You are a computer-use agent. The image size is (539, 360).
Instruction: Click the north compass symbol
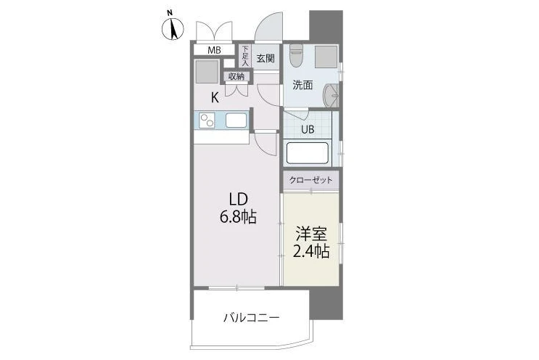pos(172,27)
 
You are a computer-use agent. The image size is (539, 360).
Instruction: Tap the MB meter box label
pos(214,50)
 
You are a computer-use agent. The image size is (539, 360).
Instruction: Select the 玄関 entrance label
pos(266,58)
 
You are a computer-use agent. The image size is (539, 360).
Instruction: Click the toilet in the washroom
pos(295,56)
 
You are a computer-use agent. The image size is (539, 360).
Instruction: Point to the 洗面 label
pos(303,85)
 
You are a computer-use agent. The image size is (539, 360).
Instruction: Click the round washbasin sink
pos(331,96)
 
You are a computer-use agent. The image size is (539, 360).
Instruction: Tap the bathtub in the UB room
pos(308,153)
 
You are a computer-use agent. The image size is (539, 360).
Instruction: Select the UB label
pos(308,130)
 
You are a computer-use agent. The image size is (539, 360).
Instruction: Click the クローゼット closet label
pos(310,180)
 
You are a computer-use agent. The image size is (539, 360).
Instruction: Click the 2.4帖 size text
pos(311,251)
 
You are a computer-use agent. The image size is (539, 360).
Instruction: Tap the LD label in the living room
pos(238,199)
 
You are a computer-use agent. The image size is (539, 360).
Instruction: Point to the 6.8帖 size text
pos(238,216)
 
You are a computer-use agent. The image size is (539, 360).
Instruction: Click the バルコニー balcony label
pos(251,317)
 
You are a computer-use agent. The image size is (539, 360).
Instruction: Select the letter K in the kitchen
pos(215,98)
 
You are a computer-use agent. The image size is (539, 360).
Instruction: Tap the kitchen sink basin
pos(236,120)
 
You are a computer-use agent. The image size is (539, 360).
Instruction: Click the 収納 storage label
pos(236,76)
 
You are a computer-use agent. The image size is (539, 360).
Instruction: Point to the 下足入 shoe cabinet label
pos(245,56)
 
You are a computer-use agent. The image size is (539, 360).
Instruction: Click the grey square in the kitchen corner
pos(207,72)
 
